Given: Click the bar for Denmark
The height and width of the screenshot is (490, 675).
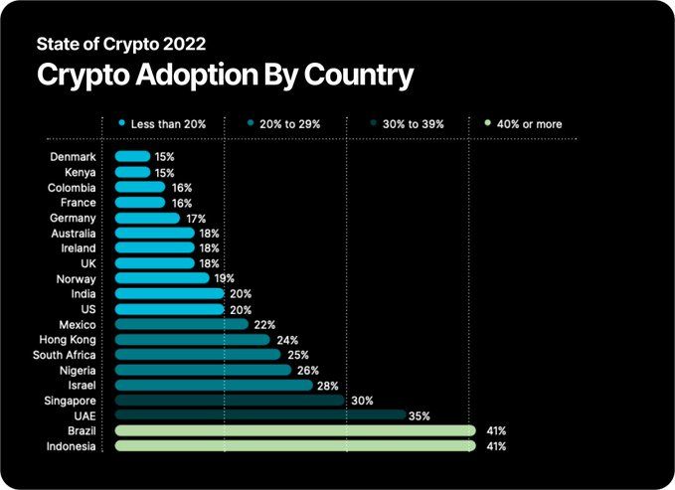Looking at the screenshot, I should tap(133, 157).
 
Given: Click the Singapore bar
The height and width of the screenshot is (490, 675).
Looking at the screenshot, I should tap(230, 401).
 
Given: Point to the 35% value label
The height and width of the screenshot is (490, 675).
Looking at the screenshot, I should tap(419, 415).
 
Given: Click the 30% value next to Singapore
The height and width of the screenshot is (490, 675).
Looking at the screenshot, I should tap(362, 401).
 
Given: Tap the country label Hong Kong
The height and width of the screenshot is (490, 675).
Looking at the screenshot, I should tap(71, 340).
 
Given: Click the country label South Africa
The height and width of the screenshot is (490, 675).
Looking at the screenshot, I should tap(65, 355).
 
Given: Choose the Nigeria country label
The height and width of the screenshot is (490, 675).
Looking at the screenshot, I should tap(77, 370).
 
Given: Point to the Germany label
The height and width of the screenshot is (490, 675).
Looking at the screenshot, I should tap(73, 218).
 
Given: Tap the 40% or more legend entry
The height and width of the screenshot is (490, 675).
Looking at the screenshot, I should tap(527, 124).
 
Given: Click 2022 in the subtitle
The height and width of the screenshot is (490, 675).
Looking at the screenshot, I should tap(185, 44).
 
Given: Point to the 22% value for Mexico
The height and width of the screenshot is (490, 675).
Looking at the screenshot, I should tap(264, 324).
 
